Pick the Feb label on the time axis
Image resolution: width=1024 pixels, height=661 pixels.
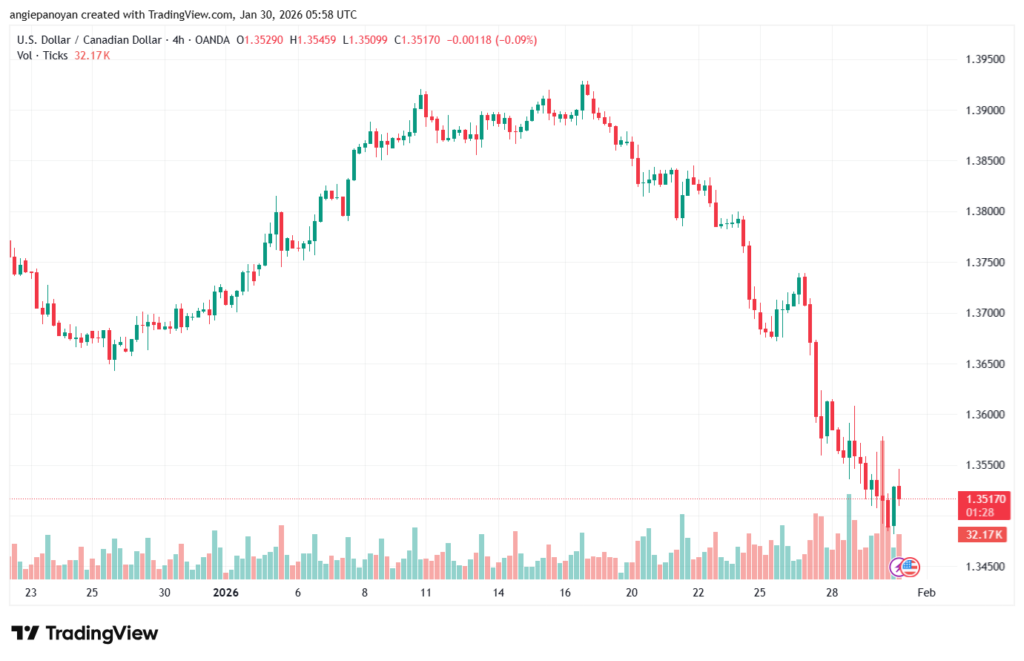pos(927,593)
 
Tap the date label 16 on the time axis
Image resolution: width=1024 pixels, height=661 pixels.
pos(566,593)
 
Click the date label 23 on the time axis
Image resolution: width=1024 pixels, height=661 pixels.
pos(31,593)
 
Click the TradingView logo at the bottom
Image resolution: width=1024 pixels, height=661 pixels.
pos(84,633)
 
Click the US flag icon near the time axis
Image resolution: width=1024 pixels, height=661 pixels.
pos(909,567)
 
